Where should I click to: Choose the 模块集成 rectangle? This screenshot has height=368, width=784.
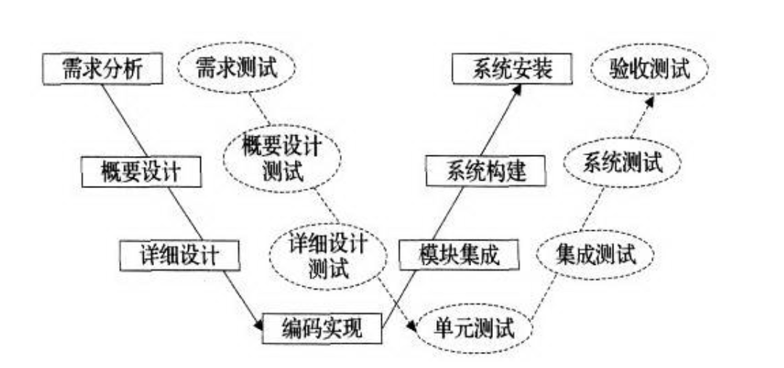pyautogui.click(x=460, y=254)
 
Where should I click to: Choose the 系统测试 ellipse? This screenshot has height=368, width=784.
pyautogui.click(x=622, y=163)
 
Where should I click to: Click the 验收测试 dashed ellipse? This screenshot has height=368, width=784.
pyautogui.click(x=650, y=70)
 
